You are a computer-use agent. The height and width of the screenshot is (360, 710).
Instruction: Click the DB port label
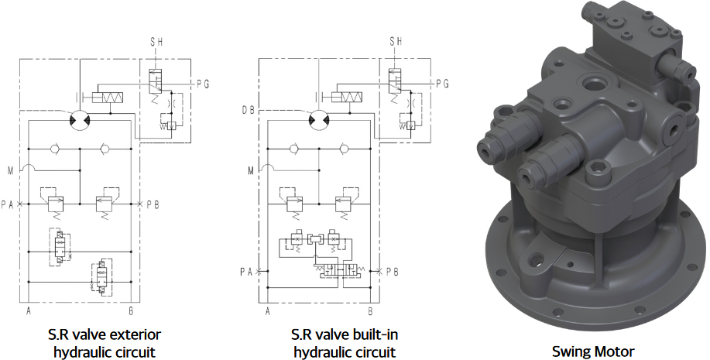(x=248, y=110)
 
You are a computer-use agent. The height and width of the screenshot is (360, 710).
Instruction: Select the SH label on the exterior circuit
(x=156, y=42)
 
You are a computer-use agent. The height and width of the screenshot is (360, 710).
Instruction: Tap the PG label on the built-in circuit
(x=442, y=84)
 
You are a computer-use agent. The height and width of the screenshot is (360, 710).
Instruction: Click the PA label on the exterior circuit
(x=7, y=204)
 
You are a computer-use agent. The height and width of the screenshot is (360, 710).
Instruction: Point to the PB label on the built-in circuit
(x=392, y=272)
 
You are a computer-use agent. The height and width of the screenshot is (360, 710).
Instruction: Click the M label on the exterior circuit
(x=10, y=171)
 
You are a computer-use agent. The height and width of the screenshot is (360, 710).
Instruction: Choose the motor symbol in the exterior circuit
(x=80, y=120)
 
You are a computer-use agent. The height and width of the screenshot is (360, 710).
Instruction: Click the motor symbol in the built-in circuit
(x=319, y=120)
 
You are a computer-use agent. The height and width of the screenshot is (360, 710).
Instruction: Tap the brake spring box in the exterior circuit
(x=108, y=98)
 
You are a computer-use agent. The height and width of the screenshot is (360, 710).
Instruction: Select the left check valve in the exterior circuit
(x=55, y=149)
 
